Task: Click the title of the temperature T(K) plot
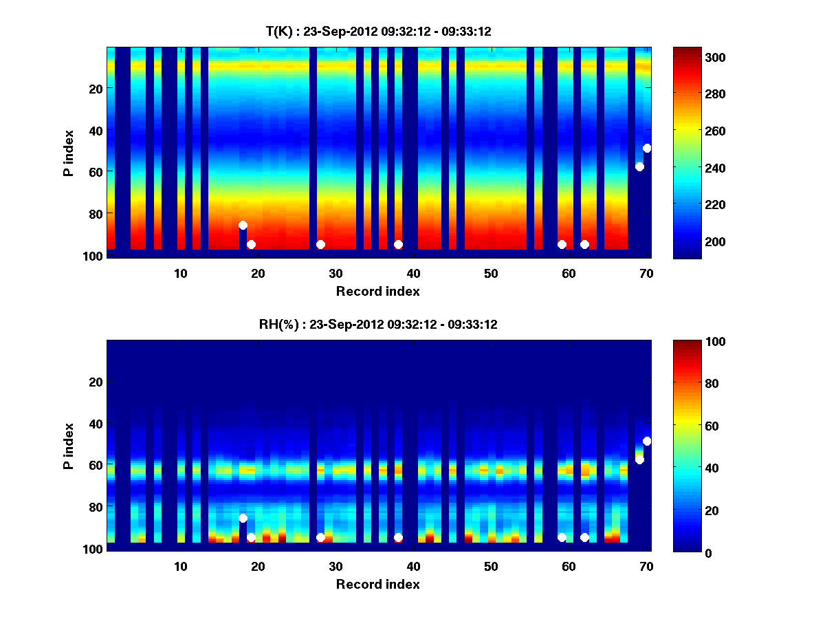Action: (x=378, y=31)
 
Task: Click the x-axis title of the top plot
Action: (x=378, y=291)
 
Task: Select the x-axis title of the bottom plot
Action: (x=378, y=584)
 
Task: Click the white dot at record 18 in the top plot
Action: (x=243, y=225)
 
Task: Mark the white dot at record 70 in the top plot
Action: (x=647, y=148)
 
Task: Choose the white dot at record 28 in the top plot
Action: (x=320, y=244)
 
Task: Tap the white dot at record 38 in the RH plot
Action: (x=398, y=537)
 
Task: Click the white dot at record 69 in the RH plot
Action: (x=639, y=459)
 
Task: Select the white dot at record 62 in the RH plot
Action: (x=584, y=537)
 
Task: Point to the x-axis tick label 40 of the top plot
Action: (x=413, y=273)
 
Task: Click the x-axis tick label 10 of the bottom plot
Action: (x=180, y=566)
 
